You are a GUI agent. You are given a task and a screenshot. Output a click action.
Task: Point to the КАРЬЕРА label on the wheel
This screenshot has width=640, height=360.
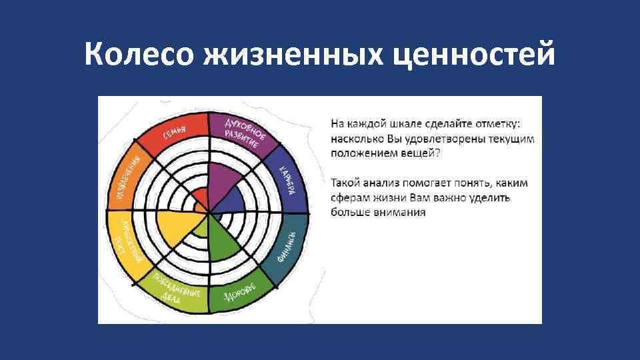click(289, 180)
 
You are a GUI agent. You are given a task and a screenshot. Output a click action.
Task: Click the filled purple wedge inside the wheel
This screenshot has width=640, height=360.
click(223, 180)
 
